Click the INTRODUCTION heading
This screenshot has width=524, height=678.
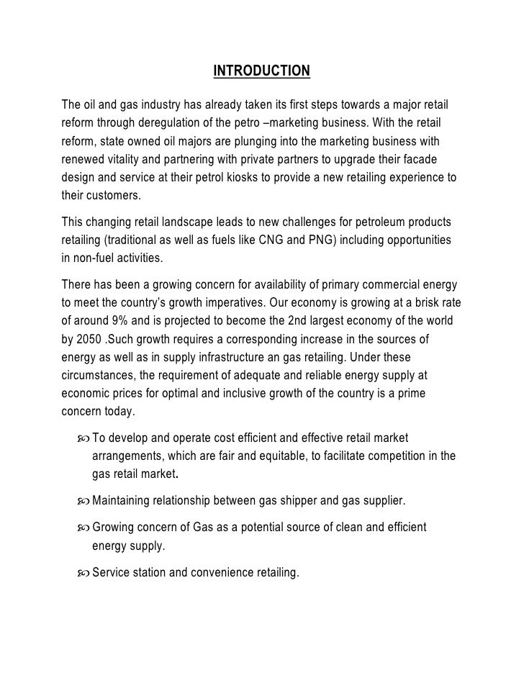click(x=262, y=71)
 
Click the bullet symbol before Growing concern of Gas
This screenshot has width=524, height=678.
click(x=81, y=528)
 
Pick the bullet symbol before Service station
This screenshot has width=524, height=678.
click(x=81, y=574)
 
